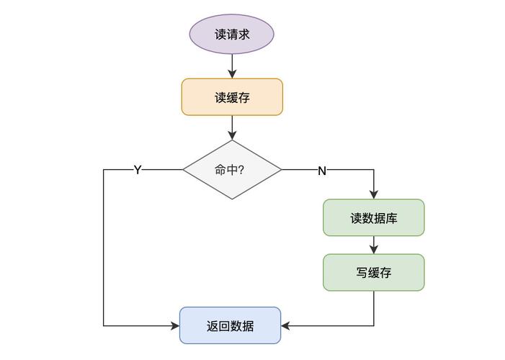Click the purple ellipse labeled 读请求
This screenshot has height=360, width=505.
[231, 34]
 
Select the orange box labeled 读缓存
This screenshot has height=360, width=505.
[232, 97]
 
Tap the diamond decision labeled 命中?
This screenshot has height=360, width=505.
[232, 170]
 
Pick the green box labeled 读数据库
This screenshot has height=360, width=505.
[374, 217]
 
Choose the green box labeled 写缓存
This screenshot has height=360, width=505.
[374, 272]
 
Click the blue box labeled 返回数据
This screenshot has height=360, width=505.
[230, 325]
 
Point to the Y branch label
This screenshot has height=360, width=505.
[138, 170]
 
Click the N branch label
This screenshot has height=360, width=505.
[322, 171]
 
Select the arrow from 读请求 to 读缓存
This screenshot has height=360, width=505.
[232, 66]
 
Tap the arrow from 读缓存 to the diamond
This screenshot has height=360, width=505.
[232, 127]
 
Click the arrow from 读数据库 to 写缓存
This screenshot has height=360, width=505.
[374, 245]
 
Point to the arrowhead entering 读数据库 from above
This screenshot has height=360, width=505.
[374, 194]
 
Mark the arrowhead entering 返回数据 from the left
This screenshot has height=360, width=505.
[175, 326]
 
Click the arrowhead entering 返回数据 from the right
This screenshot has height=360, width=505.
[286, 326]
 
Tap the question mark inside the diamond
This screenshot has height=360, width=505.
[241, 170]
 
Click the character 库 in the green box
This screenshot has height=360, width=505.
[392, 218]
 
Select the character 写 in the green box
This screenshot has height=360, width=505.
[362, 273]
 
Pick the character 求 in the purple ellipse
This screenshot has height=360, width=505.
[243, 34]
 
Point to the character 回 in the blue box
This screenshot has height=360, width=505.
[224, 326]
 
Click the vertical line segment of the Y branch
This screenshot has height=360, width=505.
[104, 248]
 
